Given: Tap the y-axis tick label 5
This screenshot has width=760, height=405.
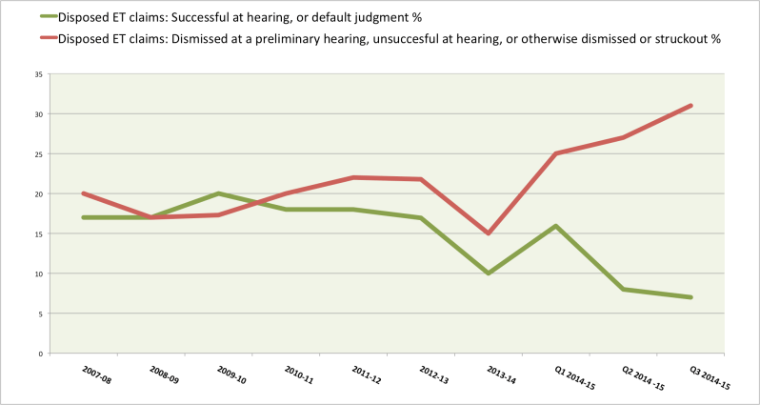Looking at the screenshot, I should tap(38, 314).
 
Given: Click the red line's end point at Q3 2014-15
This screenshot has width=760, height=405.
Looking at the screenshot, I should tap(690, 105).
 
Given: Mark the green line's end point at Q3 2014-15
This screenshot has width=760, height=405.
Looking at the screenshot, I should tap(690, 297).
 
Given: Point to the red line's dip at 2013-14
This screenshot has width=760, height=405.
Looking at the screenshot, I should tap(489, 233).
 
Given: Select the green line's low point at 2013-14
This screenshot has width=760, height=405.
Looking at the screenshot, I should tap(489, 273).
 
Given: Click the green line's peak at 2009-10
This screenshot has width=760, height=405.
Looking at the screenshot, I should tap(219, 193).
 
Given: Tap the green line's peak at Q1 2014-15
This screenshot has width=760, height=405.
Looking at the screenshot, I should tap(555, 226).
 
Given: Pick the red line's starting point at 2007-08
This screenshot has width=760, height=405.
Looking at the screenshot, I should tap(84, 193).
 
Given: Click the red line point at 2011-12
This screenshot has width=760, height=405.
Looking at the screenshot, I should tap(353, 177).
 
